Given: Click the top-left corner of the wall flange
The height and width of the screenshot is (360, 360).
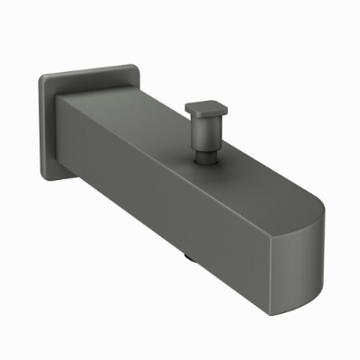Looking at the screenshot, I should point(41,76).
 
